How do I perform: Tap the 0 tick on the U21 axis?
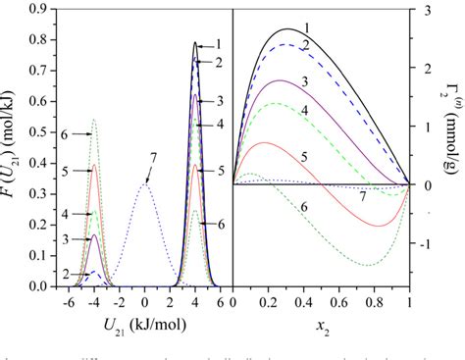144,298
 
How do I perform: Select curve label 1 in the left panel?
218,44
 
